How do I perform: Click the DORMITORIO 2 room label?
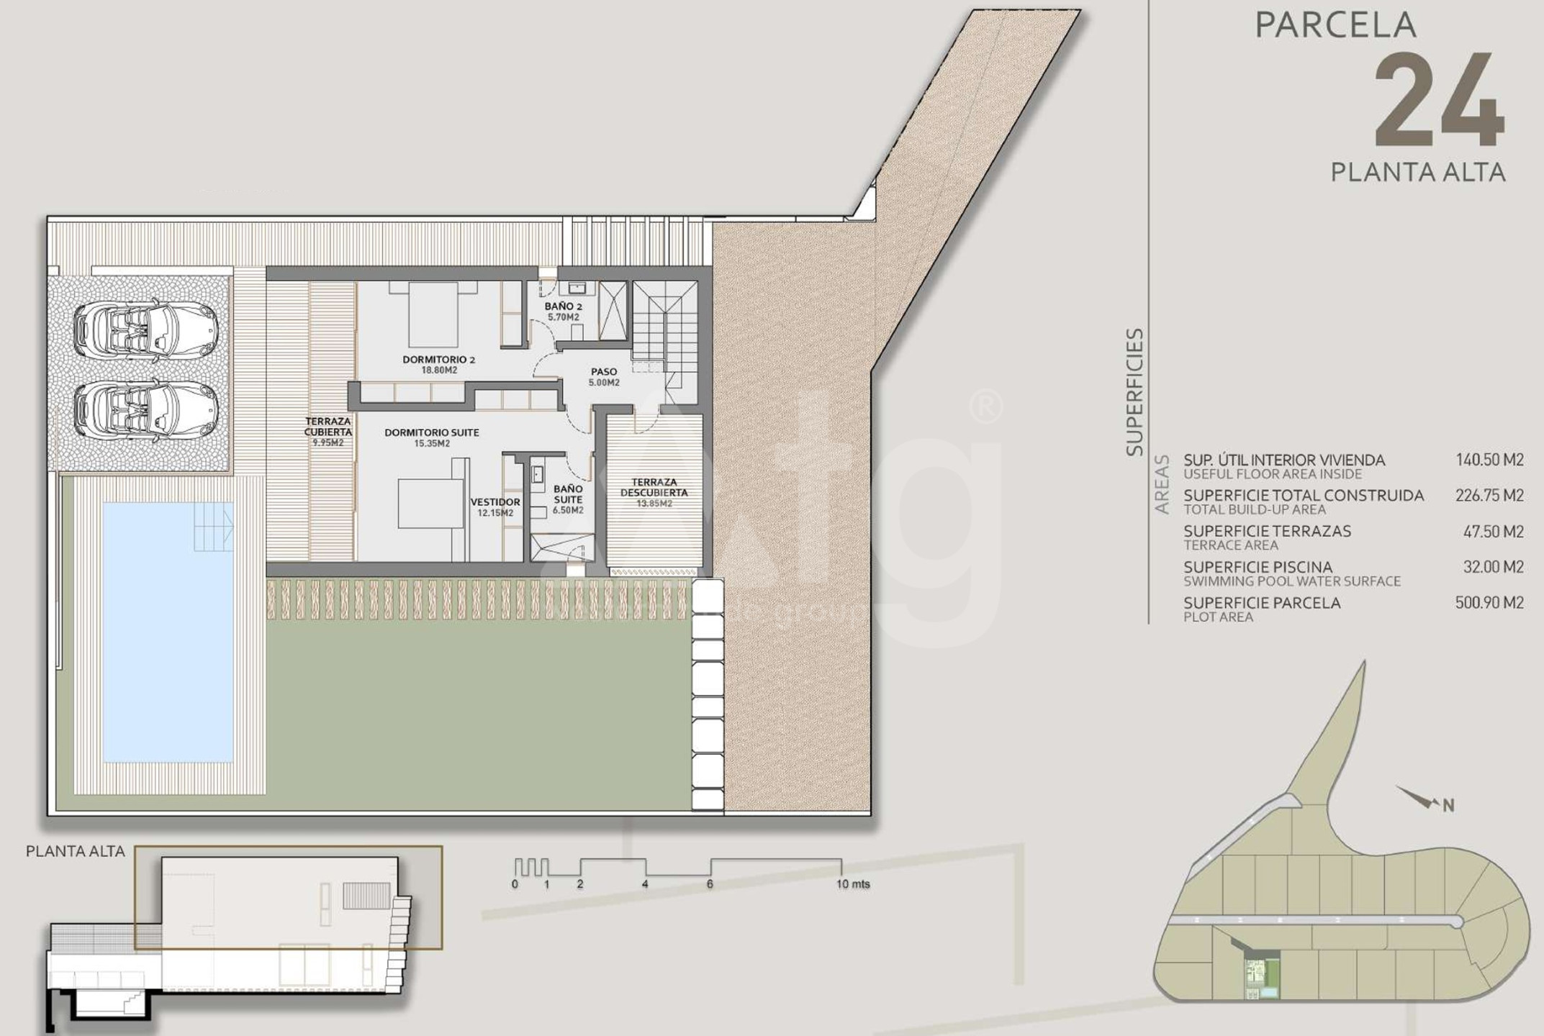438,360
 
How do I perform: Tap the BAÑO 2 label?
563,306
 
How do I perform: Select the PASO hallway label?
604,372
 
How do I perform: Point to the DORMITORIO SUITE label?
431,432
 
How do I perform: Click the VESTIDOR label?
495,502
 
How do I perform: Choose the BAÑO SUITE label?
568,494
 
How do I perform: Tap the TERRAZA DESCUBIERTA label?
654,488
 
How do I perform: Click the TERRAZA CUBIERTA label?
328,427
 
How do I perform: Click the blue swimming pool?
168,632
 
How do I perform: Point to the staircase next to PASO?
664,335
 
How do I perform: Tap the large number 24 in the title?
1439,102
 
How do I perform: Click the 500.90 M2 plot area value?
1489,603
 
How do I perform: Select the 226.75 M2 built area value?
1489,496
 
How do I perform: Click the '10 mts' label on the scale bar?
853,883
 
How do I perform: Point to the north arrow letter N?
1448,806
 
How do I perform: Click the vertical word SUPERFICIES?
1135,392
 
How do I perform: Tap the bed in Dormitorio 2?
433,314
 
